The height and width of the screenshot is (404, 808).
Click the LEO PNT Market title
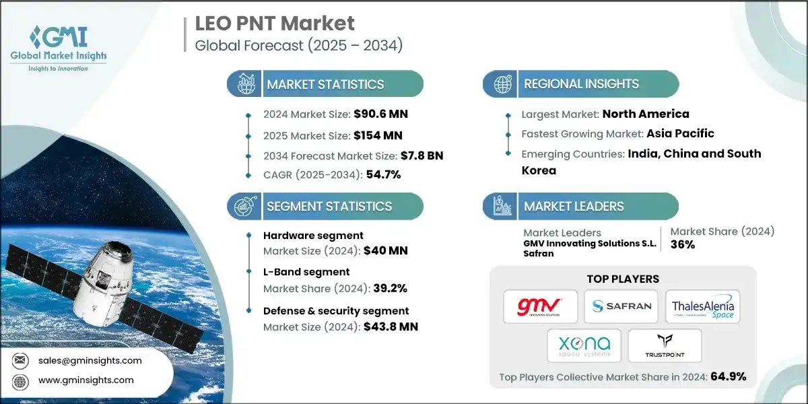click(x=275, y=24)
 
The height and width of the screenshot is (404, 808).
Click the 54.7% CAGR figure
click(x=383, y=175)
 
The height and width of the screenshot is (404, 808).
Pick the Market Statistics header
click(x=325, y=85)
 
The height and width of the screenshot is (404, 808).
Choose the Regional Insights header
click(x=581, y=85)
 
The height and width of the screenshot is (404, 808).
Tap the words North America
click(x=646, y=114)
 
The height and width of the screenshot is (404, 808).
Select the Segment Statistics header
click(x=329, y=207)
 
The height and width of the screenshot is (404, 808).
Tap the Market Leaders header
click(x=574, y=207)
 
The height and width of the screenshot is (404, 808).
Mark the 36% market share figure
click(x=683, y=244)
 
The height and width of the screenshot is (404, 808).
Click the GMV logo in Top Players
click(x=541, y=306)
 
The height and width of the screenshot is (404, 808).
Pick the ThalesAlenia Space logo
click(x=702, y=306)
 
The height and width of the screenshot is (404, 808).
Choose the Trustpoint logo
click(x=664, y=345)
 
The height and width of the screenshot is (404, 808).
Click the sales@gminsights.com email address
click(x=90, y=360)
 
